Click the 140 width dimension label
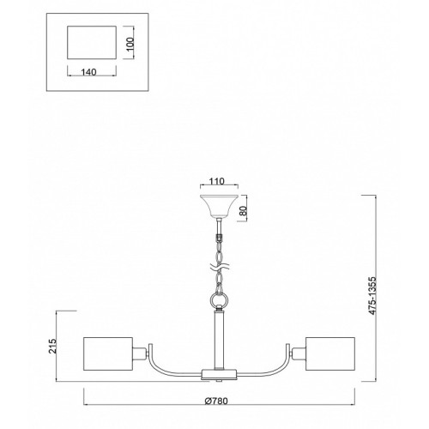pos(88,72)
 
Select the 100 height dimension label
pos(130,44)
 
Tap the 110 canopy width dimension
pos(217,181)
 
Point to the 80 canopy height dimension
pos(243,211)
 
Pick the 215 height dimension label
pos(53,346)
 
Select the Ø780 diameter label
pos(216,401)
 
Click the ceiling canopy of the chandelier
pos(219,206)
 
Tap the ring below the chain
pos(220,300)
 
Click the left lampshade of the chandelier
pos(108,353)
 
